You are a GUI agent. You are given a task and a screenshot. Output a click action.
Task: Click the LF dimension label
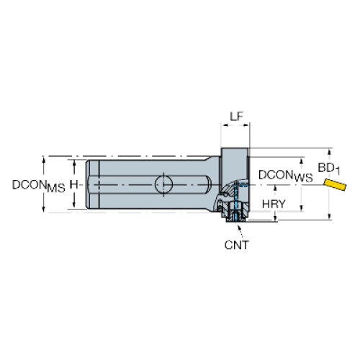pos(237,117)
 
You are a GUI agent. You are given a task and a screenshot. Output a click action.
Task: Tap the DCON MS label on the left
pos(39,186)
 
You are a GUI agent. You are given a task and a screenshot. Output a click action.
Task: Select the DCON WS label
pos(285,176)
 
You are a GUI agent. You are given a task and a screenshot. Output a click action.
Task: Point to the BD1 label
pos(329,168)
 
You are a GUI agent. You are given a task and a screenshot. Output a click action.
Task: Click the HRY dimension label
pos(274,204)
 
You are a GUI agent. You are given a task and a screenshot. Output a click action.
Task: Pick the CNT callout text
pos(237,245)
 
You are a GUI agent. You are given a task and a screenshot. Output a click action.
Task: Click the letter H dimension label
pos(73,184)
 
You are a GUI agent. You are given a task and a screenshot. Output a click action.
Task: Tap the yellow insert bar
pos(335,184)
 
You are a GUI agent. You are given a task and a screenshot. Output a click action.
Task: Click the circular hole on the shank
pos(163,184)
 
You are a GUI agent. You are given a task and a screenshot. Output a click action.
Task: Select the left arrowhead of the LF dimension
pos(225,125)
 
